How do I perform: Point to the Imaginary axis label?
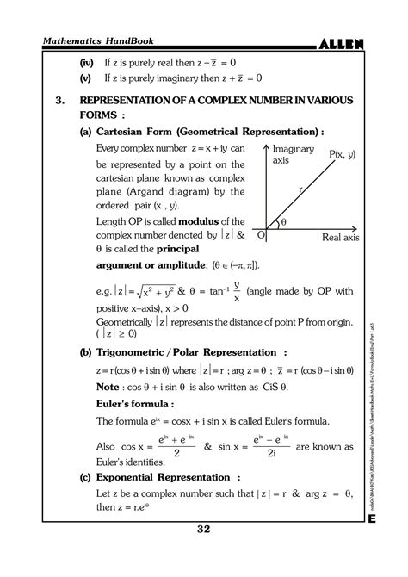pyautogui.click(x=295, y=154)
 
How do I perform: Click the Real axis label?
pyautogui.click(x=341, y=236)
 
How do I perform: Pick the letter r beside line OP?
pyautogui.click(x=300, y=187)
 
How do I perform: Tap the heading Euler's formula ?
pyautogui.click(x=137, y=403)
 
